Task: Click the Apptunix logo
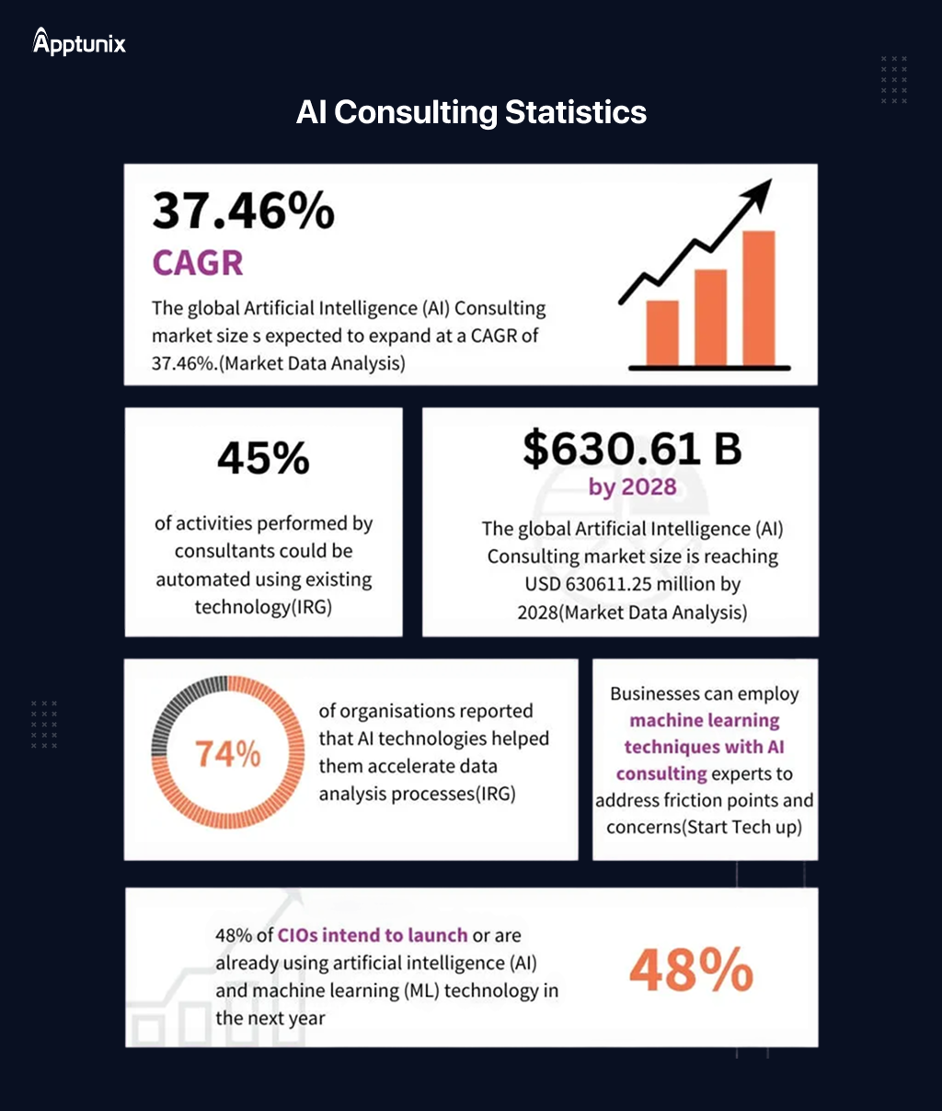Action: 79,42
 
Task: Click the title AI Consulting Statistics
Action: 471,112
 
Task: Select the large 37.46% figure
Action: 244,211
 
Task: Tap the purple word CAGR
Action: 198,263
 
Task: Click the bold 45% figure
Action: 263,458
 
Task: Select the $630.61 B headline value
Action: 632,448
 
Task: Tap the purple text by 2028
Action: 632,487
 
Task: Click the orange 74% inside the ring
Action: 227,754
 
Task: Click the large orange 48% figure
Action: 691,970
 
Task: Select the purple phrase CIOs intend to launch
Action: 373,935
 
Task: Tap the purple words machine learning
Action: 704,720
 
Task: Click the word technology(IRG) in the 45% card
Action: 263,607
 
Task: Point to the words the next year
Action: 270,1018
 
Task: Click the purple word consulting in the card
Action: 661,773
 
